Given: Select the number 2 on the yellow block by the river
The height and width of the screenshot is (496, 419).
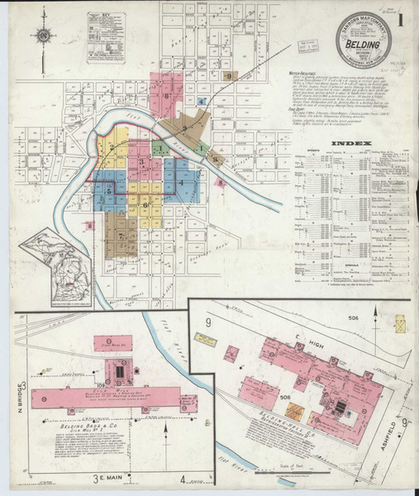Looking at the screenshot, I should pos(107,143).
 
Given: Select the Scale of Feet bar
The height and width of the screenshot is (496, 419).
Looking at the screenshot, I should pos(280,473).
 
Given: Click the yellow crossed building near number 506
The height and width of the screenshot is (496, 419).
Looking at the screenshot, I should pos(401,323).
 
